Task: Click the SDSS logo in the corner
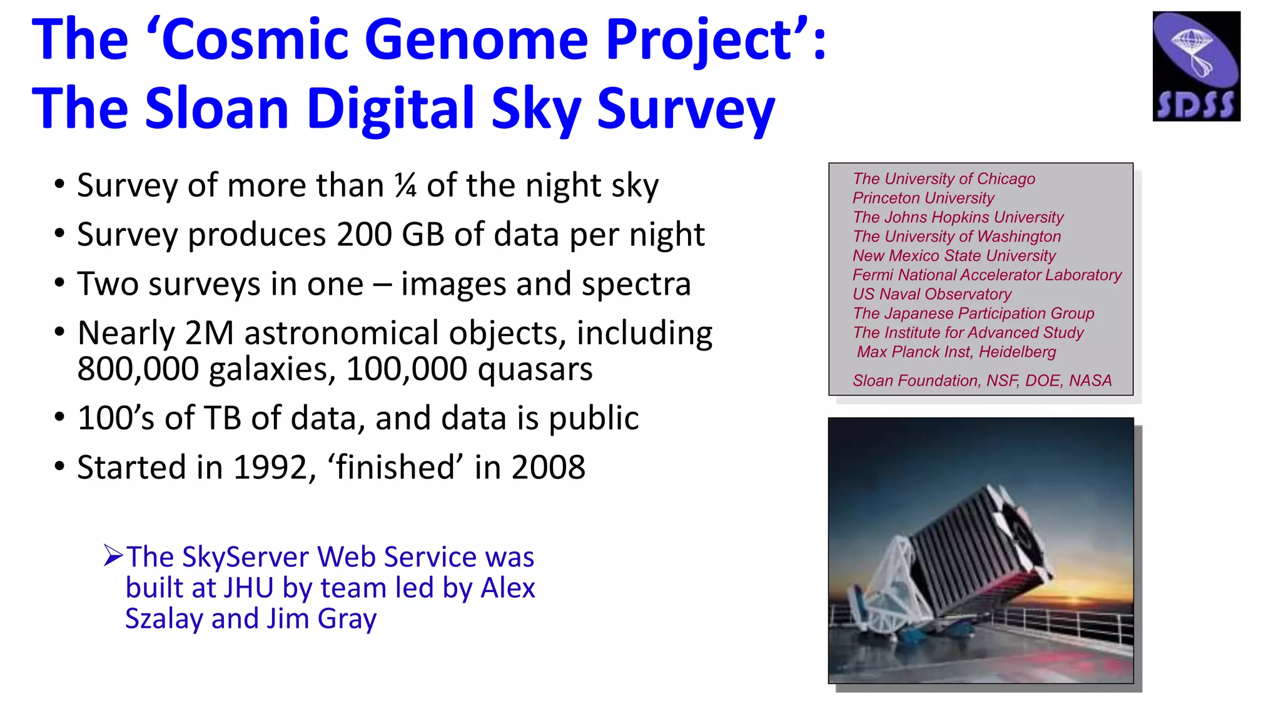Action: tap(1196, 66)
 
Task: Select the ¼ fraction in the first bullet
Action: tap(405, 186)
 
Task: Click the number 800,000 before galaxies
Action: tap(138, 369)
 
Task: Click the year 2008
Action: tap(548, 468)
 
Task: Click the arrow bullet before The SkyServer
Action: tap(113, 555)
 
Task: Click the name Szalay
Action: tap(164, 618)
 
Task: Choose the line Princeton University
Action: tap(923, 198)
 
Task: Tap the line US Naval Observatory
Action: tap(931, 294)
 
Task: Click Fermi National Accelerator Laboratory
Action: tap(986, 275)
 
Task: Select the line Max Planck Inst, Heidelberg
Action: tap(956, 352)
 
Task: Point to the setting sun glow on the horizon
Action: tap(1085, 591)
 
